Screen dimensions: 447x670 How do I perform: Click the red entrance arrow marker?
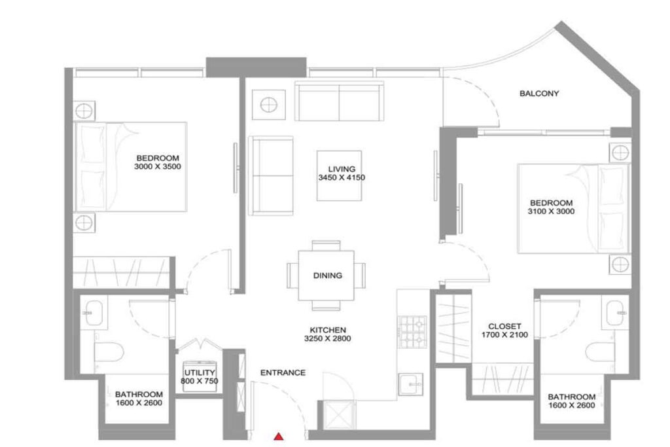pos(279,437)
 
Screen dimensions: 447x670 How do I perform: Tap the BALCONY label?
pos(539,94)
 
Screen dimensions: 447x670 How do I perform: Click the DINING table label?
pos(327,276)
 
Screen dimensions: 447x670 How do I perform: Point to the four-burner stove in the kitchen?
pos(413,332)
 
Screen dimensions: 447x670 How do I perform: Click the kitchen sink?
pos(412,382)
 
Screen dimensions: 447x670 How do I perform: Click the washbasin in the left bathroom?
pos(96,312)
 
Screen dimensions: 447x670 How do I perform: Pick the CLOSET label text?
pos(504,326)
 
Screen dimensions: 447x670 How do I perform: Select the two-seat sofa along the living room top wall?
pos(339,101)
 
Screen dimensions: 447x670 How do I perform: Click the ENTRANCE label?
pos(283,373)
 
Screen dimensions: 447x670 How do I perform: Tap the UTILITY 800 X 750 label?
pos(200,376)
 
